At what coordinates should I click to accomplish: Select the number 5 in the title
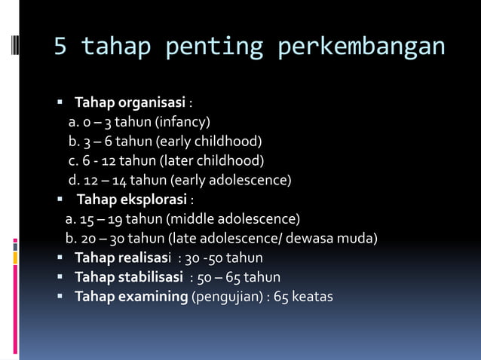(60, 47)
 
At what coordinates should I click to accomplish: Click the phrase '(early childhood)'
(208, 142)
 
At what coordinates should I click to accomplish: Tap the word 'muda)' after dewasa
(359, 239)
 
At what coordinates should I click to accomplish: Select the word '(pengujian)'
(225, 297)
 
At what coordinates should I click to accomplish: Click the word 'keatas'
(312, 297)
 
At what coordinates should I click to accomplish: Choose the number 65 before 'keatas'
(281, 297)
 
